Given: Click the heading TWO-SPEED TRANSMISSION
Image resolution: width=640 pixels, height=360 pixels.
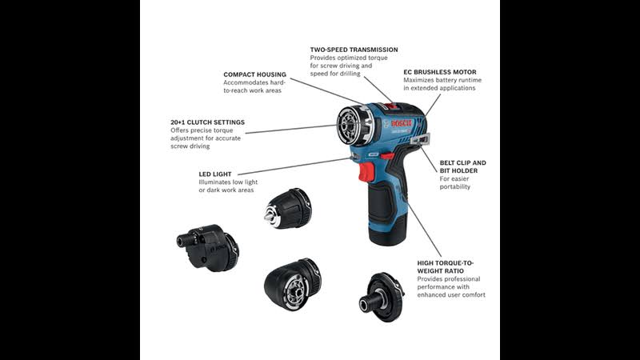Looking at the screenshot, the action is (x=354, y=50).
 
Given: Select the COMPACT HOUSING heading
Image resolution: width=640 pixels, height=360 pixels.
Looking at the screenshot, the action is (x=254, y=74).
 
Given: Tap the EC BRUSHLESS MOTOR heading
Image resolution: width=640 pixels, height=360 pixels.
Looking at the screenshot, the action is (x=440, y=72).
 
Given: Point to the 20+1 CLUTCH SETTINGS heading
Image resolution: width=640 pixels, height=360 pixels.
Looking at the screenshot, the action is (x=207, y=122).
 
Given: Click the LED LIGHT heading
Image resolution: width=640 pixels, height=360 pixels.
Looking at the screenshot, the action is (x=215, y=174).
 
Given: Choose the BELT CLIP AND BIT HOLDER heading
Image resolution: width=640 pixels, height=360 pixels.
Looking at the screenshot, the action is (x=463, y=166).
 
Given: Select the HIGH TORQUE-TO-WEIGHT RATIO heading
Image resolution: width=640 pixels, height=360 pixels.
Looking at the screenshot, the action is (x=446, y=267).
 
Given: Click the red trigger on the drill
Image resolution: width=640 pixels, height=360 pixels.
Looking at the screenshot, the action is (x=366, y=172).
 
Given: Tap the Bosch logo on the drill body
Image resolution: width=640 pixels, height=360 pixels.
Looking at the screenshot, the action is (x=402, y=123).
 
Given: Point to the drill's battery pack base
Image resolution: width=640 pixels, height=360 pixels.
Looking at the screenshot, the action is (x=387, y=230).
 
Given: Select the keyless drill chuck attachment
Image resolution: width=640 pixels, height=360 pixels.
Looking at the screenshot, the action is (x=287, y=208).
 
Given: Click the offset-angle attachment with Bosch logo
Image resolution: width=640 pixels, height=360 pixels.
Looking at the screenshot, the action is (x=208, y=248).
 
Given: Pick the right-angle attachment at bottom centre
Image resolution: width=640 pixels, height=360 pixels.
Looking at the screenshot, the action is (x=293, y=284).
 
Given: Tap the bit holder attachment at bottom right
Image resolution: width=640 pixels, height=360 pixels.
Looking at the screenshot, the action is (x=382, y=297).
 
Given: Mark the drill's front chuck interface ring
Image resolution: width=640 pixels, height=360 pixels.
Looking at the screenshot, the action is (x=350, y=126).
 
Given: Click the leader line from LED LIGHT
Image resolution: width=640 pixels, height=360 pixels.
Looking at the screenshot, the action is (x=294, y=166).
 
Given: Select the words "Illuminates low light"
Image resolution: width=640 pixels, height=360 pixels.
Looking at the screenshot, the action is (x=228, y=182).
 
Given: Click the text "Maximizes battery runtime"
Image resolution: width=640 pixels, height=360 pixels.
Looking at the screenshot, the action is (x=442, y=81).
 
